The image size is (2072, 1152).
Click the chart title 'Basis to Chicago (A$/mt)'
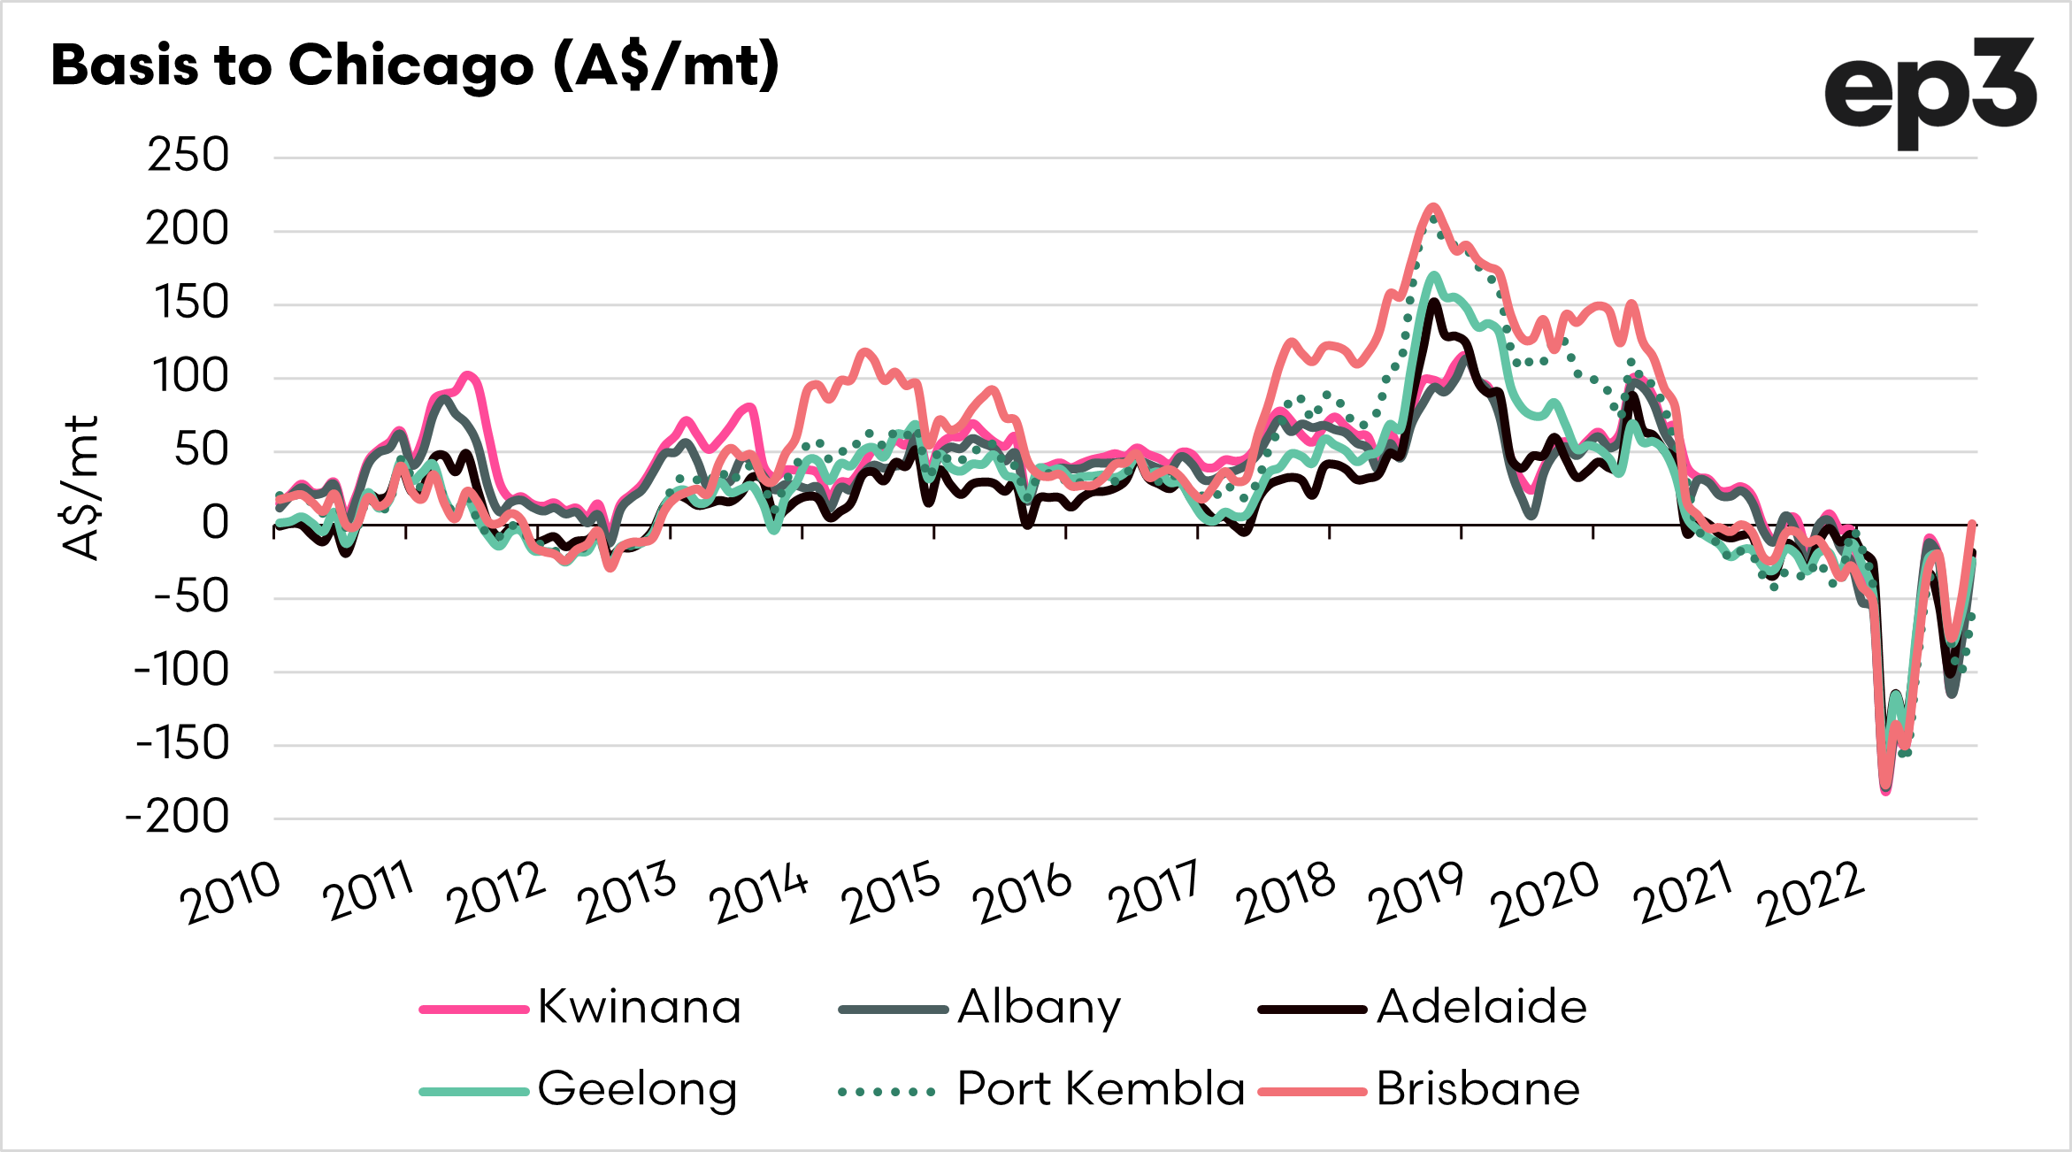(415, 65)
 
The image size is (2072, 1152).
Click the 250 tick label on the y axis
(188, 156)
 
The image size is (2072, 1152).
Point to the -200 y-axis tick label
(178, 818)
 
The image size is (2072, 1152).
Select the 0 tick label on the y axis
(215, 523)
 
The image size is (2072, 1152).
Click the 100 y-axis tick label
(190, 377)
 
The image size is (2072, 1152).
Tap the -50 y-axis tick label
(190, 596)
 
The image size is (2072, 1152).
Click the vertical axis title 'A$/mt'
(81, 488)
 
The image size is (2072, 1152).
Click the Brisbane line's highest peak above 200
(1433, 207)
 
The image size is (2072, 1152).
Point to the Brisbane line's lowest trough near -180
(1885, 792)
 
